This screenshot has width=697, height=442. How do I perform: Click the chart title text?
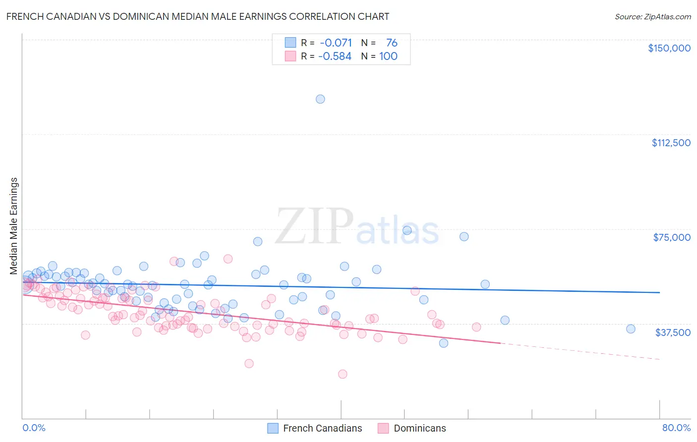point(197,16)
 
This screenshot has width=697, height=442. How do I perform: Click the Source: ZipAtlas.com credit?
point(652,16)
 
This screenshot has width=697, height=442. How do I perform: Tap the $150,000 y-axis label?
point(669,48)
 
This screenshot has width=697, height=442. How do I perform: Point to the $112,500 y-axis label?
point(671,143)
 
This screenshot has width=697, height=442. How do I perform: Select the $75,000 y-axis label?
point(671,237)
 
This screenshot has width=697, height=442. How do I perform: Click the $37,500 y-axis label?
point(672,332)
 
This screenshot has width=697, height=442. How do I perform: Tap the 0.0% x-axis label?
point(34,428)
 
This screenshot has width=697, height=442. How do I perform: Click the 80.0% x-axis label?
point(676,428)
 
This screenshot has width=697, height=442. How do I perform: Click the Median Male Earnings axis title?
point(14,226)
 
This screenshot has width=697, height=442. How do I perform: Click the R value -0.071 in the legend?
point(336,43)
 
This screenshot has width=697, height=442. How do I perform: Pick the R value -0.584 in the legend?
point(335,56)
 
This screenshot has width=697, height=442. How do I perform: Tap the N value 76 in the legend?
point(391,43)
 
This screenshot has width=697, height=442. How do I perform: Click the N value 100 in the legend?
point(388,56)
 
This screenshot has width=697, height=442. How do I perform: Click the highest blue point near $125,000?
point(320,99)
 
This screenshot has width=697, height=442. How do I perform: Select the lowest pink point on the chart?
point(342,374)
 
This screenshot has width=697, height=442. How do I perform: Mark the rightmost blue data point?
point(631,329)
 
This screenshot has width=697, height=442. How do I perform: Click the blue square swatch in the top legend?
point(290,43)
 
